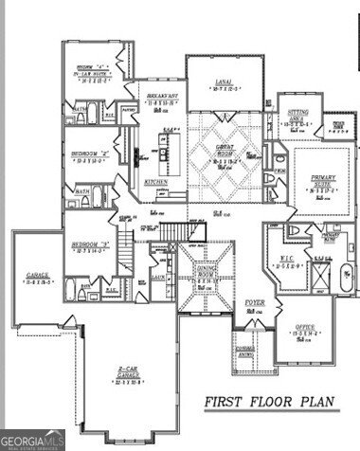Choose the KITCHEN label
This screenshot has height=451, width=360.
pyautogui.click(x=155, y=181)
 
